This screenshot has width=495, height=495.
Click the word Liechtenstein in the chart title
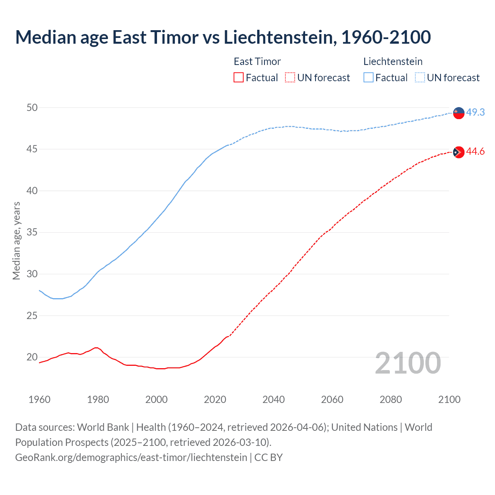coord(280,37)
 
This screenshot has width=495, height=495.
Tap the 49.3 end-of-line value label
coord(475,112)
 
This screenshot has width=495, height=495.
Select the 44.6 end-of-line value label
coord(475,151)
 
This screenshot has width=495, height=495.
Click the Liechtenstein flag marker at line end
coord(459,113)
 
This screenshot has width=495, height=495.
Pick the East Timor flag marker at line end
coord(459,152)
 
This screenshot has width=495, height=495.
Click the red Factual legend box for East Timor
coord(239,78)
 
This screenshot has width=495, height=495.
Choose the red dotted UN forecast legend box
coord(290,78)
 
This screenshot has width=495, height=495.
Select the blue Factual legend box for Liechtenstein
coord(369,78)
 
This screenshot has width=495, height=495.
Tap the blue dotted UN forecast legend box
coord(420,78)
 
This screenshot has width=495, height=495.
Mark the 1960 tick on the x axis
coord(39,399)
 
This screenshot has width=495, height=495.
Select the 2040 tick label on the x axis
coord(273,399)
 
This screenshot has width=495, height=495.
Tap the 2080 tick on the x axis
coord(391,399)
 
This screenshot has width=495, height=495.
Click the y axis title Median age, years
coord(16,241)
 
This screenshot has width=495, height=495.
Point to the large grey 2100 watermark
coord(408,363)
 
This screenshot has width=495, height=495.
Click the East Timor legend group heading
coord(257,61)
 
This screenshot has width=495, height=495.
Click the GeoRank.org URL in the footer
coord(131,457)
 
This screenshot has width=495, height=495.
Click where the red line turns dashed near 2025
coord(229,336)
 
